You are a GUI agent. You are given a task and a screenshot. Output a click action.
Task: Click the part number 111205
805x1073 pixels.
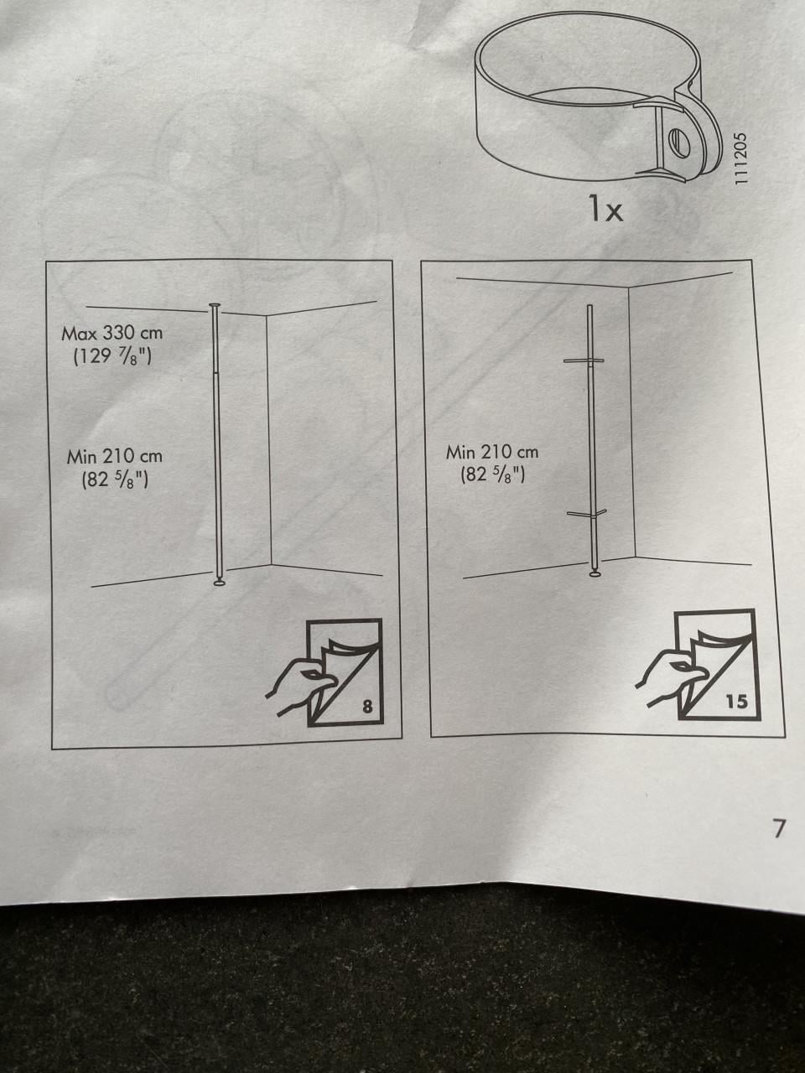pyautogui.click(x=742, y=158)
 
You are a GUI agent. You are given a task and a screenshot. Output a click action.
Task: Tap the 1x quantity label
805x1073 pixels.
pyautogui.click(x=606, y=209)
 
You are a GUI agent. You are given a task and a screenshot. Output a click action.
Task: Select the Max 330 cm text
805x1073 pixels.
pyautogui.click(x=112, y=334)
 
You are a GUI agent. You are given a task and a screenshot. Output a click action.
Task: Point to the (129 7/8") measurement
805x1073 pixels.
pyautogui.click(x=112, y=357)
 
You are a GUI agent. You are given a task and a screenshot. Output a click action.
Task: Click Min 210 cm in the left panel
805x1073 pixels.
pyautogui.click(x=114, y=457)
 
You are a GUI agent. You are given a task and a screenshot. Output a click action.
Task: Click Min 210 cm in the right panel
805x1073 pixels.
pyautogui.click(x=492, y=452)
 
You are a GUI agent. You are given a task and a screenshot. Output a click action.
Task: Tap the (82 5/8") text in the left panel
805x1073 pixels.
pyautogui.click(x=115, y=480)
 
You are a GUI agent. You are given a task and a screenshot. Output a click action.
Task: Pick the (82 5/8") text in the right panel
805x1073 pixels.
pyautogui.click(x=493, y=474)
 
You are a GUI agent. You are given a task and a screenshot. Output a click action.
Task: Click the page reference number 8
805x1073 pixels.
pyautogui.click(x=367, y=707)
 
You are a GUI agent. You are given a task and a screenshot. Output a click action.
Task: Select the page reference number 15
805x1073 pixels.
pyautogui.click(x=736, y=702)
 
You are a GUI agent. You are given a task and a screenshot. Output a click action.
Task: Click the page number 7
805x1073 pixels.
pyautogui.click(x=780, y=828)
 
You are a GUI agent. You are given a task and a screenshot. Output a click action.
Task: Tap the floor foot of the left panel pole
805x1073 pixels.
pyautogui.click(x=220, y=582)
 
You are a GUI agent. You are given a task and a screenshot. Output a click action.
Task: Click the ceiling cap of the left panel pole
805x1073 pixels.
pyautogui.click(x=215, y=305)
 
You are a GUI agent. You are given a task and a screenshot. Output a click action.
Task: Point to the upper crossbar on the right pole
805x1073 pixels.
pyautogui.click(x=584, y=360)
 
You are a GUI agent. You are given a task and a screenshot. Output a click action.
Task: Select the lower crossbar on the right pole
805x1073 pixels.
pyautogui.click(x=586, y=513)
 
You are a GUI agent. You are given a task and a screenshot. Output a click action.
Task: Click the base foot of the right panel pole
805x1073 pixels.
pyautogui.click(x=595, y=574)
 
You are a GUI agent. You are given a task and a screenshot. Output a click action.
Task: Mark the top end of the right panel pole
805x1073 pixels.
pyautogui.click(x=589, y=306)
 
